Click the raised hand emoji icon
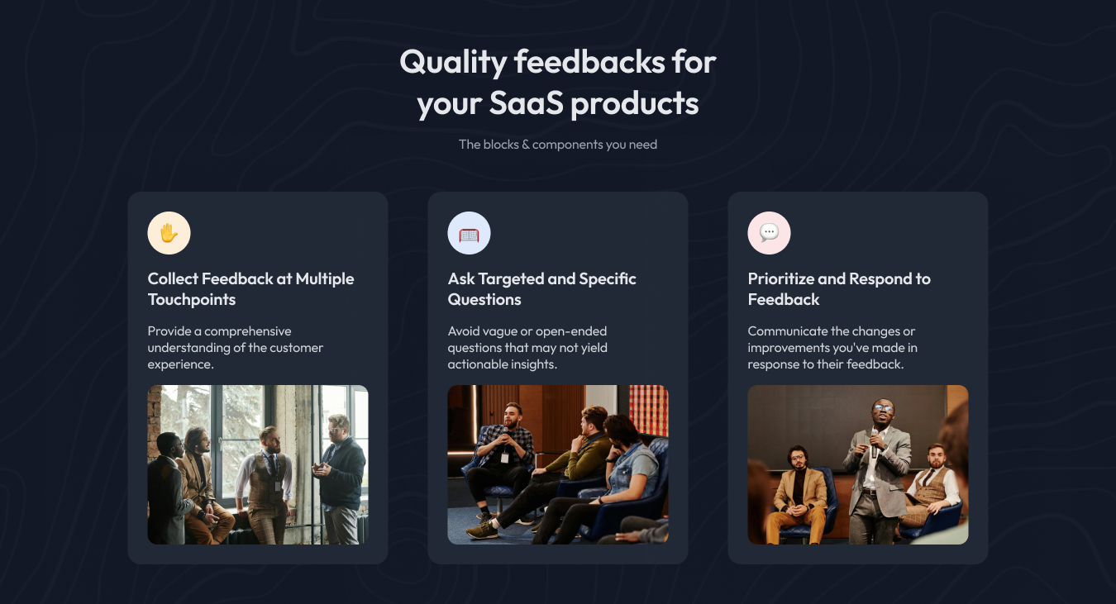[169, 233]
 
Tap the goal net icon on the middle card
[469, 234]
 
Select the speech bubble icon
[769, 232]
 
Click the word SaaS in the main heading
[526, 103]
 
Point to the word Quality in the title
[453, 63]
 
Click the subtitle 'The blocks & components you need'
[558, 145]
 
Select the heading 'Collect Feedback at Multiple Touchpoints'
[250, 289]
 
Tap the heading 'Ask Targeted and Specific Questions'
[541, 289]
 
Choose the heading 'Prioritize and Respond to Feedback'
[839, 289]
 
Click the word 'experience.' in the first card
[180, 364]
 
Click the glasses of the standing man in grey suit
[883, 407]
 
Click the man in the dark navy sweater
[341, 479]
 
